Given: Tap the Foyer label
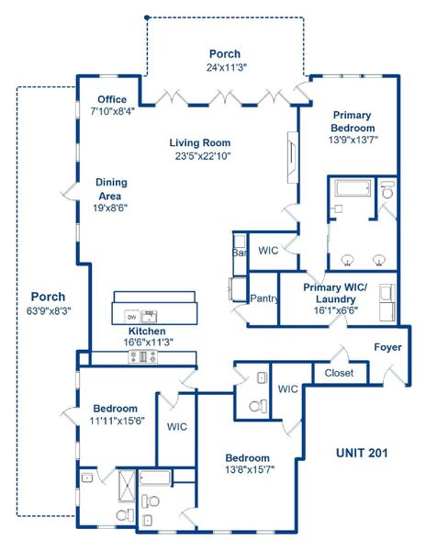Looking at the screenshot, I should click(387, 347).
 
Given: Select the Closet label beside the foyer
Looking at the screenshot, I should click(339, 374).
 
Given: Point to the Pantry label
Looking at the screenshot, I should click(263, 298).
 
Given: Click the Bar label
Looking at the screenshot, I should click(241, 252).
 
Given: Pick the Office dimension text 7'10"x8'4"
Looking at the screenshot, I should click(113, 110).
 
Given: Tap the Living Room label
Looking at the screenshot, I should click(199, 143).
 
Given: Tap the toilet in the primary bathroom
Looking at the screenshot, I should click(387, 194).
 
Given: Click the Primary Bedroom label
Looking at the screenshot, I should click(352, 121).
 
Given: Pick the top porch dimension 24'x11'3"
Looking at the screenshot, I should click(225, 67).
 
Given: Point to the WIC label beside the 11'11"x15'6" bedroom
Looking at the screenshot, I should click(177, 426).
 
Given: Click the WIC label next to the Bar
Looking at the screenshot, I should click(268, 250).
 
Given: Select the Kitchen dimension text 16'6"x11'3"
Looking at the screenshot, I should click(146, 342).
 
